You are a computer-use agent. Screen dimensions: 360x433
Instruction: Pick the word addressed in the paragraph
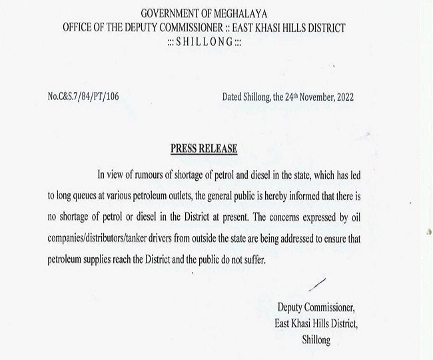pyautogui.click(x=329, y=237)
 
